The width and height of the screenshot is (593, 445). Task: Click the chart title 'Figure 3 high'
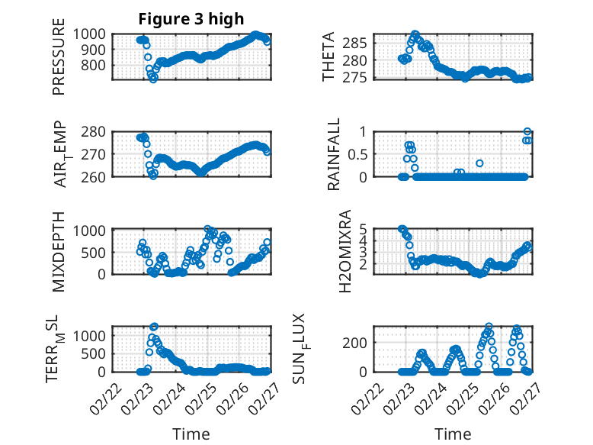click(x=191, y=19)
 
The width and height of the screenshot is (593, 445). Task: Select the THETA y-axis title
click(x=328, y=57)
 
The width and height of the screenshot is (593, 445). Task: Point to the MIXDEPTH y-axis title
click(x=59, y=250)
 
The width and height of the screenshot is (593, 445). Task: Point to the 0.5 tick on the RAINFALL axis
click(x=362, y=154)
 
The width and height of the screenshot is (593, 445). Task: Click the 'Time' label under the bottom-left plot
click(x=191, y=434)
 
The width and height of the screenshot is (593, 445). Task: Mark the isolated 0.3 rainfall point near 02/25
click(x=479, y=163)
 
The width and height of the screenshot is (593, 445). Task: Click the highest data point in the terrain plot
click(x=154, y=327)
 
